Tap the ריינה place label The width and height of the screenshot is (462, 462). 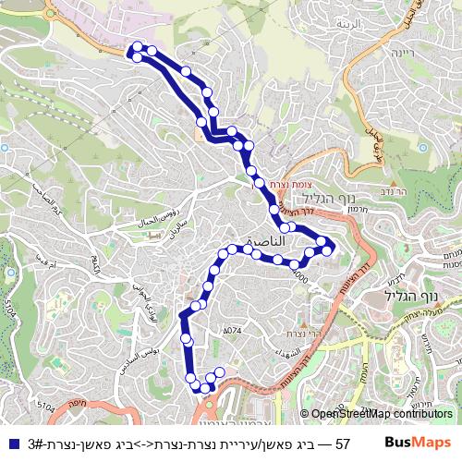point(380,53)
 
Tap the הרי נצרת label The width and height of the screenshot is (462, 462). point(302,333)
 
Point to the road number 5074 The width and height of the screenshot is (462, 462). point(232,330)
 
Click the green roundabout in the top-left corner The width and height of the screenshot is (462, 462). point(46,12)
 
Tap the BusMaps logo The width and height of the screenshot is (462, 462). point(418,443)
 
